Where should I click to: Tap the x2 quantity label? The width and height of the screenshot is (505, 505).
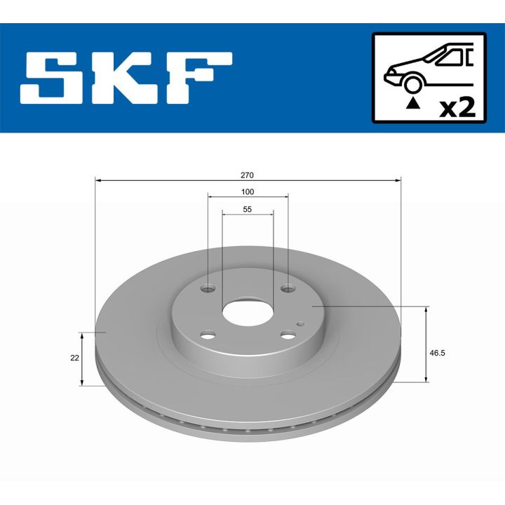point(457,107)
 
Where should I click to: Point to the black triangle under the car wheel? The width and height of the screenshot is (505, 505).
point(413,104)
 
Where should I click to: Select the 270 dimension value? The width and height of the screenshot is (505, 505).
point(247,174)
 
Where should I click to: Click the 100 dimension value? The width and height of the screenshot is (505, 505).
point(247,191)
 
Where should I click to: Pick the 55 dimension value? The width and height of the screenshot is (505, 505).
point(247,209)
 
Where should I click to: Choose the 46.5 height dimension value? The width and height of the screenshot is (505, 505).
point(437,353)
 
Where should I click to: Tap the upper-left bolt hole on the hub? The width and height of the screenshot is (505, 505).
point(208,288)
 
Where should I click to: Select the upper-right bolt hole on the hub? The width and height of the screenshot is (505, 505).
point(288,288)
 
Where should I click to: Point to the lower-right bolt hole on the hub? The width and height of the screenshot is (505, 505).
point(288,335)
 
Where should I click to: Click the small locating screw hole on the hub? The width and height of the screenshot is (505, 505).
point(301,323)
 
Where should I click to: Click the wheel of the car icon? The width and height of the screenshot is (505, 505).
point(413,83)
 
